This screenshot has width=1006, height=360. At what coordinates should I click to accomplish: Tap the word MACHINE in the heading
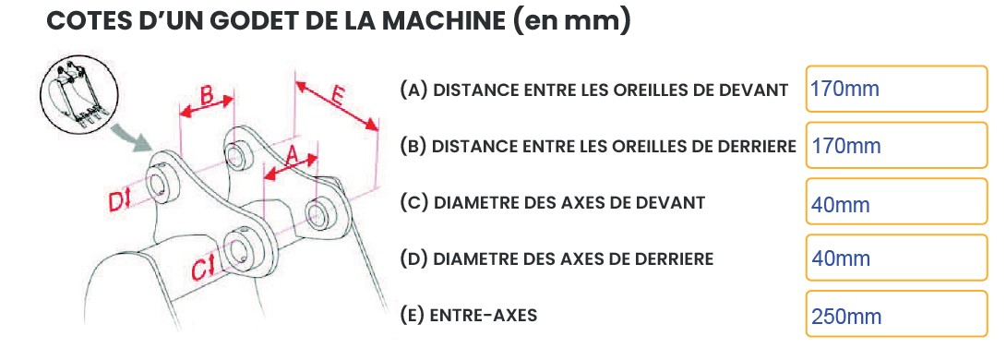click(x=445, y=21)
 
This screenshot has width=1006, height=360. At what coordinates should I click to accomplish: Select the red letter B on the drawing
click(x=207, y=95)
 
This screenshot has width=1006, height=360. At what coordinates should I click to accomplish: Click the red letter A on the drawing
click(x=292, y=154)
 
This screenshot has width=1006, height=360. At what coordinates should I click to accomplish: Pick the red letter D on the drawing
click(x=115, y=201)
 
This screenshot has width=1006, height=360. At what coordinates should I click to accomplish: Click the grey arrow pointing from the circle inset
click(x=133, y=138)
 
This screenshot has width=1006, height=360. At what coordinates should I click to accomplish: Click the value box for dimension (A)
click(x=896, y=89)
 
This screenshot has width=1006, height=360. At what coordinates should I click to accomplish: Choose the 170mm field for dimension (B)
click(x=896, y=145)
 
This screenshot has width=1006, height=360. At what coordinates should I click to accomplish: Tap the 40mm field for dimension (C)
click(x=896, y=201)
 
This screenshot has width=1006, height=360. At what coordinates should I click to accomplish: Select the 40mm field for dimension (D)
click(x=896, y=258)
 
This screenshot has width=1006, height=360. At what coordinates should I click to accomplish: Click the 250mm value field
click(x=896, y=314)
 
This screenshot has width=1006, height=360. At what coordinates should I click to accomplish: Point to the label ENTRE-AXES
click(x=484, y=316)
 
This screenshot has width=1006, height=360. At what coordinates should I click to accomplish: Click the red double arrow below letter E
click(x=337, y=106)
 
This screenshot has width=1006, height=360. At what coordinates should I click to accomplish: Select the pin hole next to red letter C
click(x=237, y=249)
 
